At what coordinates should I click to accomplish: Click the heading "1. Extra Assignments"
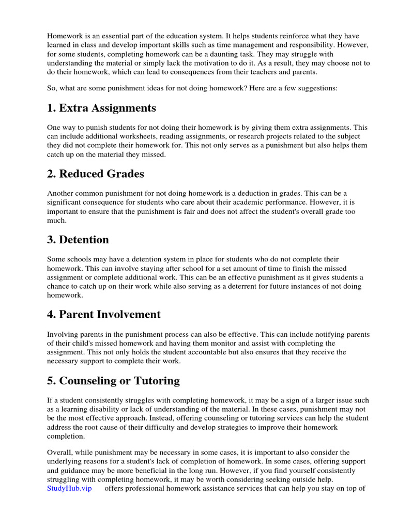101,108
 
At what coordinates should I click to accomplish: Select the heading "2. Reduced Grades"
96,174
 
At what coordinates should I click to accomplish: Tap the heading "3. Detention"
78,240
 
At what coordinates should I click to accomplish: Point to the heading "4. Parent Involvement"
104,315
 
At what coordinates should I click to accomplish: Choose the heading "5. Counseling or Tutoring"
113,381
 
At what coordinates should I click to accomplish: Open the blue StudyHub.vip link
69,488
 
